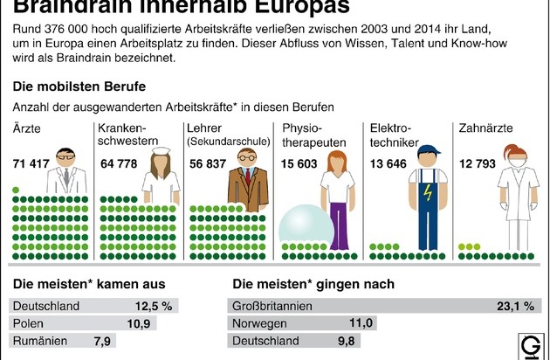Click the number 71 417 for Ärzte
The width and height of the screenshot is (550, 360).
32,163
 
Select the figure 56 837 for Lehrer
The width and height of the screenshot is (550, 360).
207,163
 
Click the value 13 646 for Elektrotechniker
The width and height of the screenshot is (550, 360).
388,163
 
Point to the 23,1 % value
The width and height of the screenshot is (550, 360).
515,306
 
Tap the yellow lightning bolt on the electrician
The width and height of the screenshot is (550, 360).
426,191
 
